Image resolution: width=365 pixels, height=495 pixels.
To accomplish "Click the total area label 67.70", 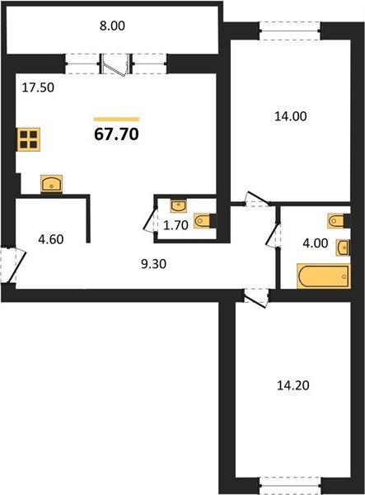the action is [117, 134].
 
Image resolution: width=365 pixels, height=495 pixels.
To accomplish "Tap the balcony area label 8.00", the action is [113, 26].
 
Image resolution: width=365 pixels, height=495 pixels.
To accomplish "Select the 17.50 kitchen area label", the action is [38, 87].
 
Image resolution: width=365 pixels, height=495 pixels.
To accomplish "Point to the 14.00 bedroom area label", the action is [291, 116].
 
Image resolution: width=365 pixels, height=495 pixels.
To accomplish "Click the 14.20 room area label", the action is [293, 385].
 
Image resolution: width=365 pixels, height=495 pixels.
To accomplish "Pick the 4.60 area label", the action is [51, 239].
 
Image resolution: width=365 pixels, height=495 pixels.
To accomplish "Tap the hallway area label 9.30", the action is [154, 264].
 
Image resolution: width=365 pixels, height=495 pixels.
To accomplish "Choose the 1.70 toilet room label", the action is [175, 225].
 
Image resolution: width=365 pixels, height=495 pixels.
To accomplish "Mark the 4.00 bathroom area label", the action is [316, 243].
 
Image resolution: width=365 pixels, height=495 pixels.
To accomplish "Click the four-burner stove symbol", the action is [28, 139].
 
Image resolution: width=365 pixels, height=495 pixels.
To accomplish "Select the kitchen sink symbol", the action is [52, 183].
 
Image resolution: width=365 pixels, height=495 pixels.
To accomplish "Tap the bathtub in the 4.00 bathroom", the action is [324, 276].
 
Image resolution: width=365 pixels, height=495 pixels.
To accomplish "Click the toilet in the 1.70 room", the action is [205, 220].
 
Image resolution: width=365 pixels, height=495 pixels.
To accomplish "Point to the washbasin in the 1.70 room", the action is [179, 205].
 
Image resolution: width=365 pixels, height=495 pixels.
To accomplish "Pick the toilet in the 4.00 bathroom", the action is [339, 220].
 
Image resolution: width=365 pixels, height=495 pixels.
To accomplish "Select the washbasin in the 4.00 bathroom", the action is [343, 247].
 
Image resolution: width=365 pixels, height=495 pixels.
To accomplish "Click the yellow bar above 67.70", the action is [117, 119].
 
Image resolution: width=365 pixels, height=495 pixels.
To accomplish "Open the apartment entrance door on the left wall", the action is [12, 265].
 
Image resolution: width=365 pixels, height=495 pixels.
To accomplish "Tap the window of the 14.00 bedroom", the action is [290, 31].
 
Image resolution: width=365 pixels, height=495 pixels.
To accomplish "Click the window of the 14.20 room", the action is [290, 486].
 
